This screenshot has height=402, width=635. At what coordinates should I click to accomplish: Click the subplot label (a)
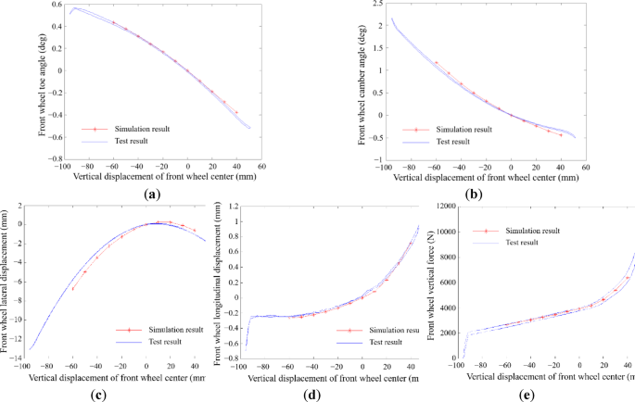coord(153,195)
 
